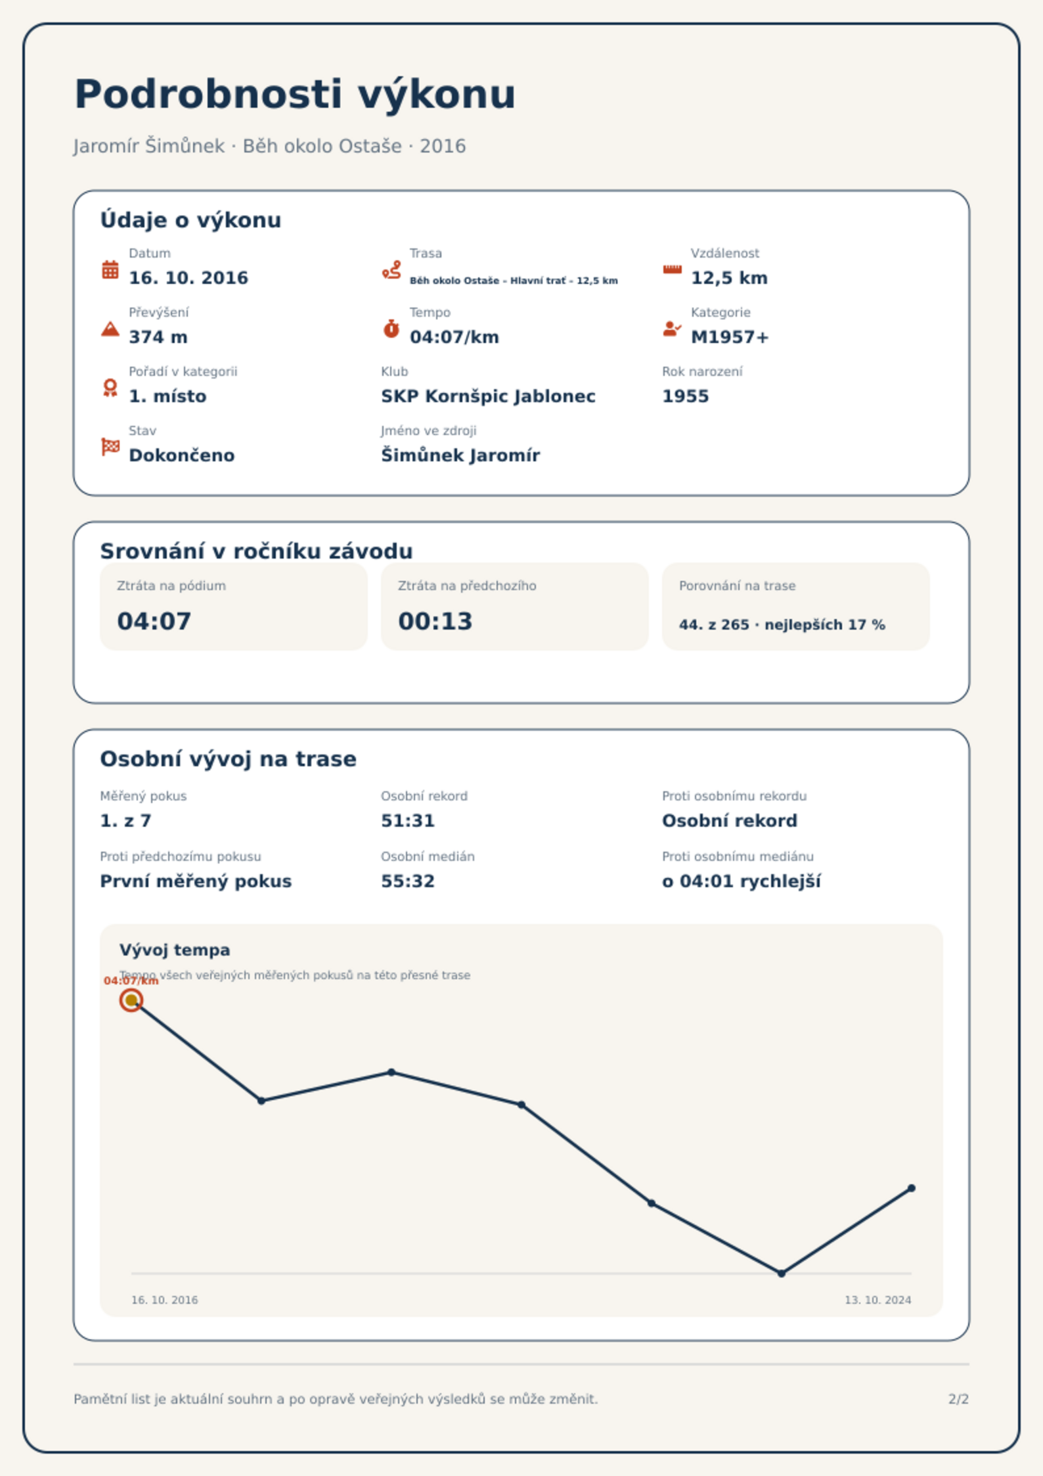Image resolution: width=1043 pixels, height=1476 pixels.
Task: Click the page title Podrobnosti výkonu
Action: pyautogui.click(x=295, y=95)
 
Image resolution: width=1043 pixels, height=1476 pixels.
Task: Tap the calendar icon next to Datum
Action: pyautogui.click(x=110, y=269)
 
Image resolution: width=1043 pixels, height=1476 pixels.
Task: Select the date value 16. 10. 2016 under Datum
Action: pyautogui.click(x=189, y=278)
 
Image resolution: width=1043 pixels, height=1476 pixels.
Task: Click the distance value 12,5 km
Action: pyautogui.click(x=729, y=278)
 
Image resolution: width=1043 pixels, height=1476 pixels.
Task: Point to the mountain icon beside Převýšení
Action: pyautogui.click(x=110, y=329)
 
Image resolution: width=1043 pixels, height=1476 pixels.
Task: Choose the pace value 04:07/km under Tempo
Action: pyautogui.click(x=455, y=337)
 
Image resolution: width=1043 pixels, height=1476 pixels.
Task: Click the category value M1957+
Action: pyautogui.click(x=730, y=337)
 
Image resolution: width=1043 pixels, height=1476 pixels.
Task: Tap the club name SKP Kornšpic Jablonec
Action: pyautogui.click(x=488, y=396)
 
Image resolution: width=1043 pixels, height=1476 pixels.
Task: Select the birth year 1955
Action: pyautogui.click(x=686, y=396)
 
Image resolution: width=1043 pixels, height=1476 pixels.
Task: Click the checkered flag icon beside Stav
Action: pyautogui.click(x=110, y=447)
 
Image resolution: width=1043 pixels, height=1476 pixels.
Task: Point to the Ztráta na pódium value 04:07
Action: pyautogui.click(x=154, y=621)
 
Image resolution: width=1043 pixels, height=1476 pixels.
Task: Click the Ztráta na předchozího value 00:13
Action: pyautogui.click(x=435, y=621)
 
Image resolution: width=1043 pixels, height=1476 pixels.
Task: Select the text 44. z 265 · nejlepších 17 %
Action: pyautogui.click(x=782, y=625)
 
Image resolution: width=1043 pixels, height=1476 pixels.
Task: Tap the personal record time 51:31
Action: pyautogui.click(x=408, y=821)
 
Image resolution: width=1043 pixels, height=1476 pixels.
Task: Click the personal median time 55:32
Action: pyautogui.click(x=408, y=881)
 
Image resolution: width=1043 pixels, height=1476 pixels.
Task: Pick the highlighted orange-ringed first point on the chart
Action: pyautogui.click(x=131, y=1000)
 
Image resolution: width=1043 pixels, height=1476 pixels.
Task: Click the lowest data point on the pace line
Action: pyautogui.click(x=782, y=1274)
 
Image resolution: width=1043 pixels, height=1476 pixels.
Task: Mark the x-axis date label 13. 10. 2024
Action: pyautogui.click(x=878, y=1300)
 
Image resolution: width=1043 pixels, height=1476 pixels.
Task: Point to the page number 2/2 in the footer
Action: pyautogui.click(x=959, y=1399)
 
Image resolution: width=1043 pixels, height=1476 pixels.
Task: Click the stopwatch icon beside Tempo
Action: pyautogui.click(x=391, y=329)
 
